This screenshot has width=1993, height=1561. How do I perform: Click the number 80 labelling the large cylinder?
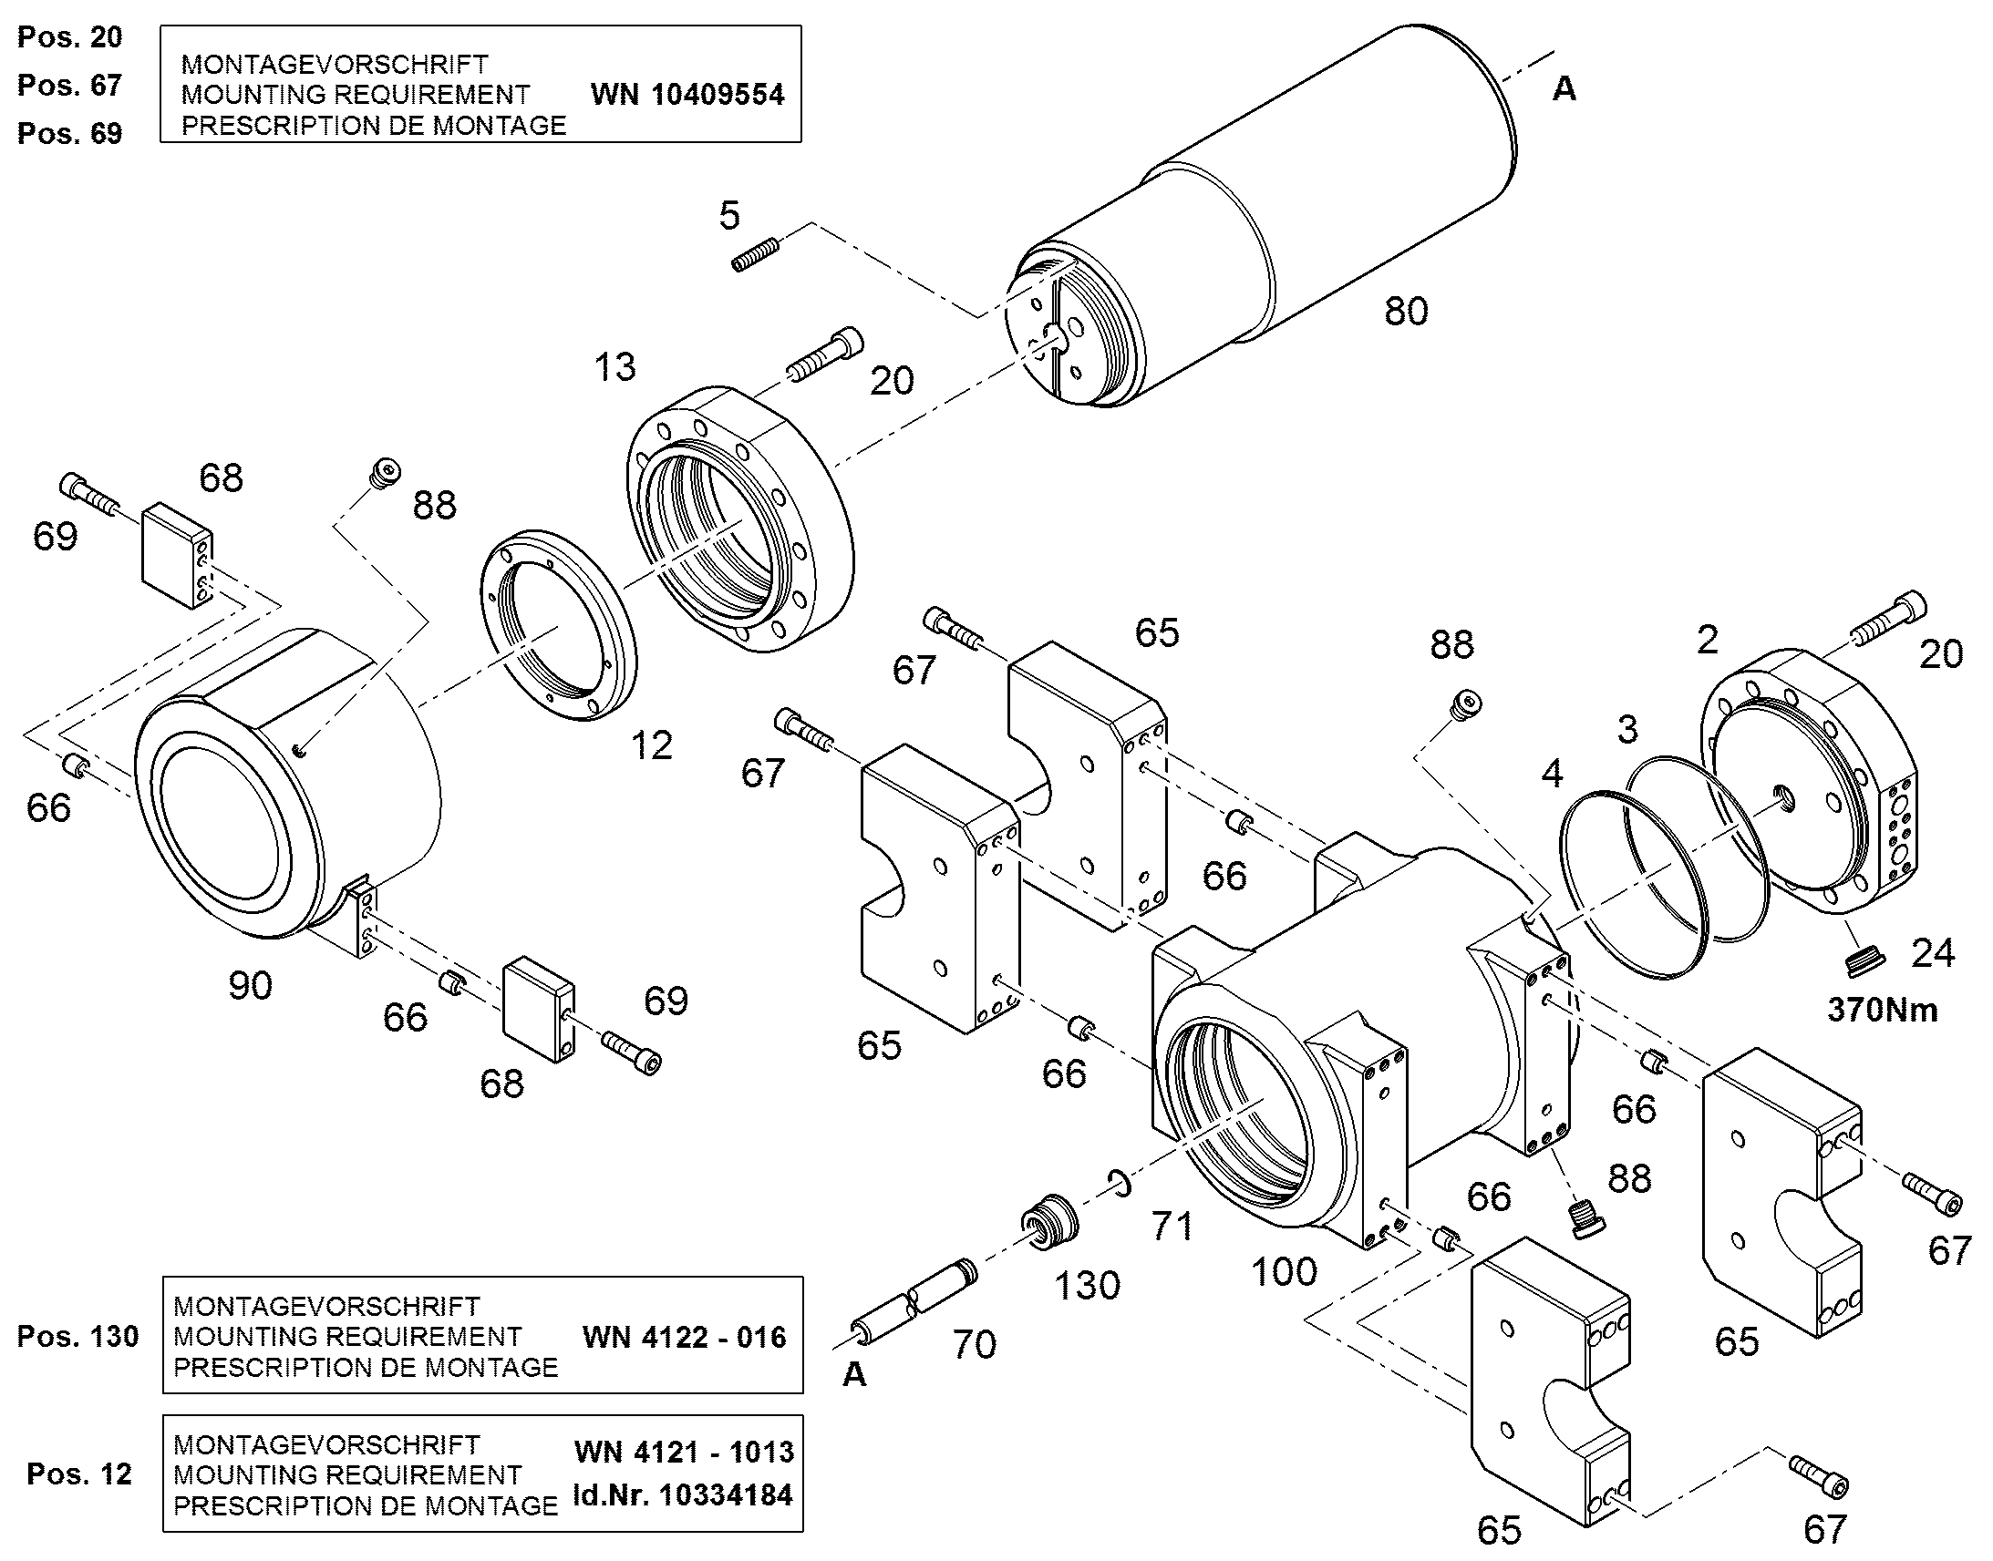(1406, 312)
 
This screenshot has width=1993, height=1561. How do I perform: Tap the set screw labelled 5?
(757, 254)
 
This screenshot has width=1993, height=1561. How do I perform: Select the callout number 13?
(614, 367)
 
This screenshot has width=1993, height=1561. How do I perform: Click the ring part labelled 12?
(559, 624)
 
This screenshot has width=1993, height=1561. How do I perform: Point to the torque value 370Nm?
(1883, 1010)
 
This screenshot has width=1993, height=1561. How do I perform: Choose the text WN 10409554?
(687, 94)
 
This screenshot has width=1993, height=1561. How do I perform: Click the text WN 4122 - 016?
(685, 1338)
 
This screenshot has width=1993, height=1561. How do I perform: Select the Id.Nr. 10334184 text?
(683, 1495)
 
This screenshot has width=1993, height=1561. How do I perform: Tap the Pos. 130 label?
(77, 1336)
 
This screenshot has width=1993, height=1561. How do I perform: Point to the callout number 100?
(1285, 1272)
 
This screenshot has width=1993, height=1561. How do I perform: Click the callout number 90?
(251, 986)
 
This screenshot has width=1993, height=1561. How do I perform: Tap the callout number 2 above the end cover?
(1707, 640)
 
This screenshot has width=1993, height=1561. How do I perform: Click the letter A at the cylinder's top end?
(1564, 88)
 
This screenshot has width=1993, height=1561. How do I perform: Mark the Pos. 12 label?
(79, 1474)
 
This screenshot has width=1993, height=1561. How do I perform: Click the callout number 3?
(1627, 729)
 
